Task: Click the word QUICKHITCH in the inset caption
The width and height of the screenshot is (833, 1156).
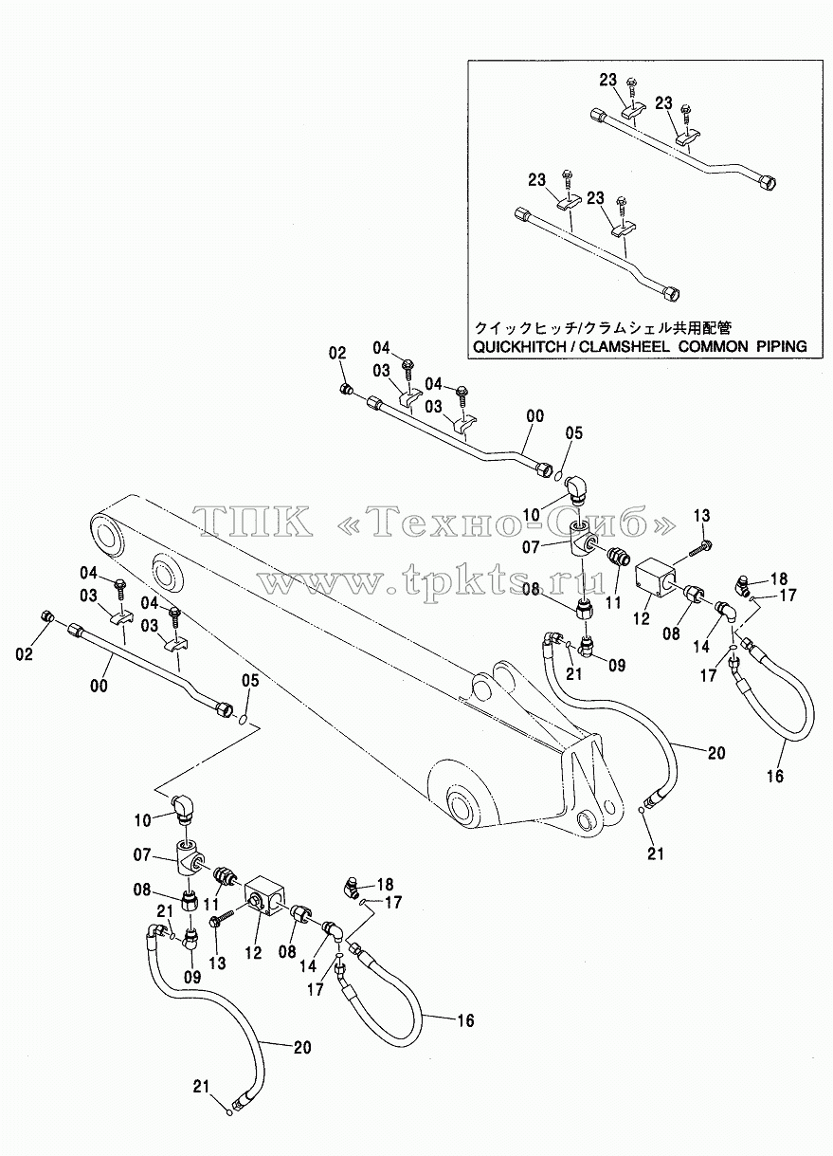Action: [x=519, y=347]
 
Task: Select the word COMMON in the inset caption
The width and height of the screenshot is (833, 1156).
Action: [x=713, y=347]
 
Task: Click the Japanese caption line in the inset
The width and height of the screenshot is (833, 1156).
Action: [x=604, y=327]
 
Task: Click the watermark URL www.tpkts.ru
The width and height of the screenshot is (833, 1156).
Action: [x=432, y=581]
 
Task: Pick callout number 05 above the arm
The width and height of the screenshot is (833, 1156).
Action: [x=574, y=433]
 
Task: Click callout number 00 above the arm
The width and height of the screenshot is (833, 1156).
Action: [x=535, y=416]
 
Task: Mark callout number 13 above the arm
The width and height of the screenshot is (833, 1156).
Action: [x=701, y=516]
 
